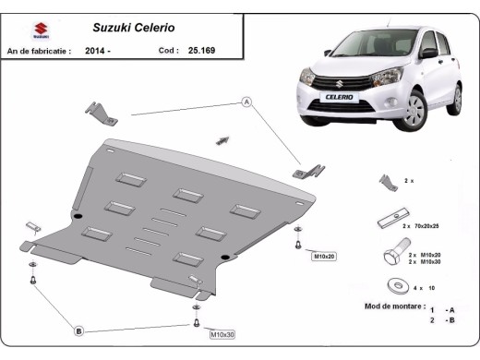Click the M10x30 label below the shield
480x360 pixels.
click(x=222, y=334)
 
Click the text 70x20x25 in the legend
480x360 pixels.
click(x=426, y=225)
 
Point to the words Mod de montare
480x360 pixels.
click(x=394, y=306)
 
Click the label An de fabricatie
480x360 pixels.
click(x=38, y=51)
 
